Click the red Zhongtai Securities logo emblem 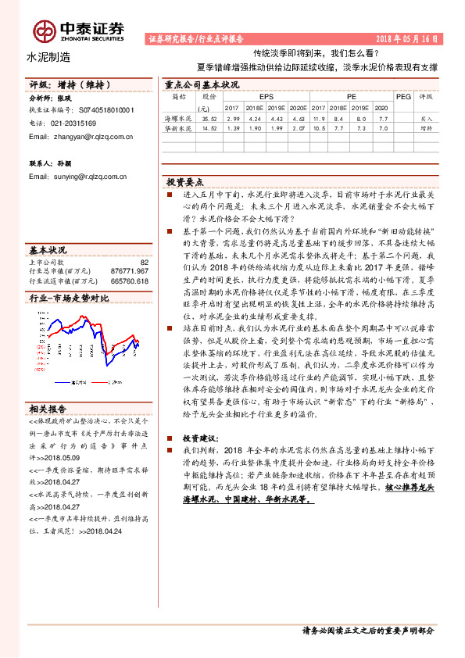click(x=44, y=30)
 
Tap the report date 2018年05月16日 click(x=407, y=38)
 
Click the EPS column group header click(x=256, y=97)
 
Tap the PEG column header click(x=403, y=97)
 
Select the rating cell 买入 click(x=427, y=117)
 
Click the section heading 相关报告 click(x=48, y=409)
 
